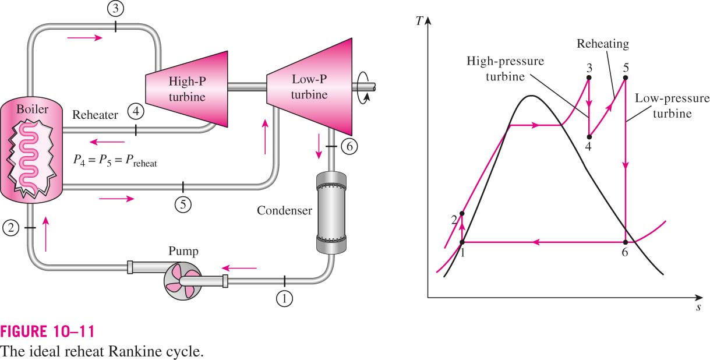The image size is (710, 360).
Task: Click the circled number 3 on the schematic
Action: (115, 9)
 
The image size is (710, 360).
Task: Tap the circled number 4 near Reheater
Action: (136, 111)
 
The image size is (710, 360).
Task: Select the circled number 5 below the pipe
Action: (183, 204)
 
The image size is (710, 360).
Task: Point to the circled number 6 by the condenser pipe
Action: (349, 146)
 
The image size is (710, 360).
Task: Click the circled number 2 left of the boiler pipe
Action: (11, 228)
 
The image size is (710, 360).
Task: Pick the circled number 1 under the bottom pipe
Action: (284, 298)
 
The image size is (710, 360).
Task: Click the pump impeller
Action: (183, 281)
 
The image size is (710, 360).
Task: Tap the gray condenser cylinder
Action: (331, 213)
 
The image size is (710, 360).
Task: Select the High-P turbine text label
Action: (187, 89)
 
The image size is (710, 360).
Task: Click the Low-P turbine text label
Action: (309, 87)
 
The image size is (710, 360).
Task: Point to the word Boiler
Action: (33, 109)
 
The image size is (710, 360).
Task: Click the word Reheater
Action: (95, 115)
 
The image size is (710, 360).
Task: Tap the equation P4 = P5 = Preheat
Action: (115, 161)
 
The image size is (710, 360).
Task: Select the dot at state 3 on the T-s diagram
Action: (589, 77)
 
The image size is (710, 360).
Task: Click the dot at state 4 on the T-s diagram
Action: (589, 137)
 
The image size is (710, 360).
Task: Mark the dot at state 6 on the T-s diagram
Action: (626, 242)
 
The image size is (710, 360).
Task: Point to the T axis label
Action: (419, 21)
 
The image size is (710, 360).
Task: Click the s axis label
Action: (698, 308)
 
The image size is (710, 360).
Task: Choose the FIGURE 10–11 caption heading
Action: (48, 332)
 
